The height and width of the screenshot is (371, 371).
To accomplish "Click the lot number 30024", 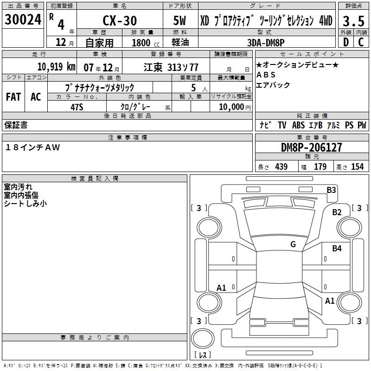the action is (23, 19).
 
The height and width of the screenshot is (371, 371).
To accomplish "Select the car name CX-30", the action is (120, 21).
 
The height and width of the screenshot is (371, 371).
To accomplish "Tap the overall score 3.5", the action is (353, 21).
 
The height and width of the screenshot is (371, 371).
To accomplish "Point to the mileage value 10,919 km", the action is (57, 67).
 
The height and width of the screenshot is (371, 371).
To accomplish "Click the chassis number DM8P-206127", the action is (311, 147).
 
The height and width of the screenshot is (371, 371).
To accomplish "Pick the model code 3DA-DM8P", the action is (266, 43).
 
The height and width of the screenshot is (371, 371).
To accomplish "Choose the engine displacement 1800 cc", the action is (146, 43).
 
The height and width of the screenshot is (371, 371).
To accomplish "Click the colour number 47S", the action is (77, 107).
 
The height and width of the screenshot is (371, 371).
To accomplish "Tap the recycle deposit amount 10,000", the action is (231, 107).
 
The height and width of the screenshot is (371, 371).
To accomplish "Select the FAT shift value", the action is (13, 97).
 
